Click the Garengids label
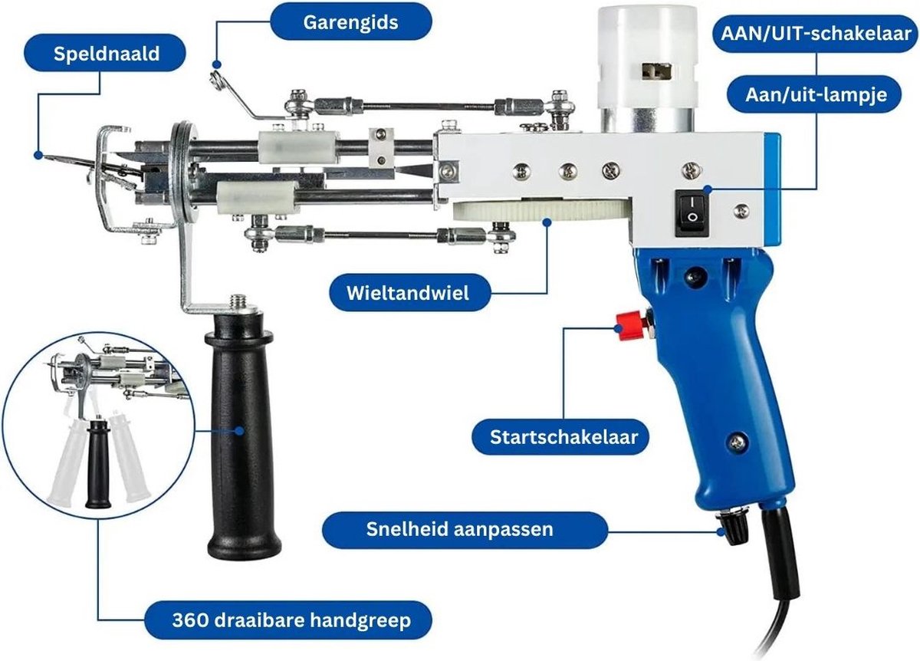[x=350, y=21]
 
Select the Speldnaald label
[x=107, y=54]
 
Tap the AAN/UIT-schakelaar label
[x=815, y=33]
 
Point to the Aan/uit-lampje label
[x=816, y=94]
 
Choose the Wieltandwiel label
[x=408, y=292]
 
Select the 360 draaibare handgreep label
[x=287, y=619]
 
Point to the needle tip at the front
[x=51, y=158]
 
